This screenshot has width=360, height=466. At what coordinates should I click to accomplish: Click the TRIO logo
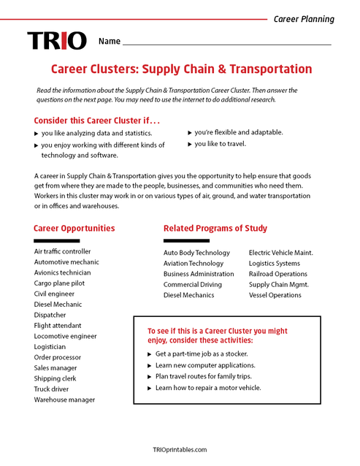click(x=56, y=40)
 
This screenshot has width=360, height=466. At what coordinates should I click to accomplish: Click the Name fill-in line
click(x=226, y=45)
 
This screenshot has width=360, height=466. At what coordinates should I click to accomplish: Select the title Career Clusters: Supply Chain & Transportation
click(x=180, y=69)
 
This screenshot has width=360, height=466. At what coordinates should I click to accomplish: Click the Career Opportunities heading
click(x=74, y=228)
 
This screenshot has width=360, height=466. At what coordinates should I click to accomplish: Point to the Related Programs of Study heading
click(x=215, y=228)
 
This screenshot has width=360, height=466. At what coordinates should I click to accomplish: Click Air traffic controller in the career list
click(x=62, y=251)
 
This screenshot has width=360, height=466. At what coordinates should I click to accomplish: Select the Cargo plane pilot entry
click(x=59, y=283)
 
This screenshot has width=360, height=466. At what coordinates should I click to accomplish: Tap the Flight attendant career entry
click(x=58, y=325)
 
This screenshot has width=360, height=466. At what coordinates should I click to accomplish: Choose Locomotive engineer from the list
click(x=65, y=336)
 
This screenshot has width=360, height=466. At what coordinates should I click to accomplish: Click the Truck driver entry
click(x=52, y=389)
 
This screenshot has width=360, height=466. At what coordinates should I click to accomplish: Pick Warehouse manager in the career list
click(x=64, y=400)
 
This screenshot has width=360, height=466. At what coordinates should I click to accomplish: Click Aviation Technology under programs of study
click(x=194, y=263)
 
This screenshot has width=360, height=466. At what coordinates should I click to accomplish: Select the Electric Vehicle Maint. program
click(x=280, y=253)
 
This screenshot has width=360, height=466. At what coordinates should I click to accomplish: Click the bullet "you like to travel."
click(x=220, y=144)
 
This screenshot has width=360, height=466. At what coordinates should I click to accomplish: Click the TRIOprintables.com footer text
click(x=180, y=450)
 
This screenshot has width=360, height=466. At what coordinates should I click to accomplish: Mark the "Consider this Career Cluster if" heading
click(x=96, y=120)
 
